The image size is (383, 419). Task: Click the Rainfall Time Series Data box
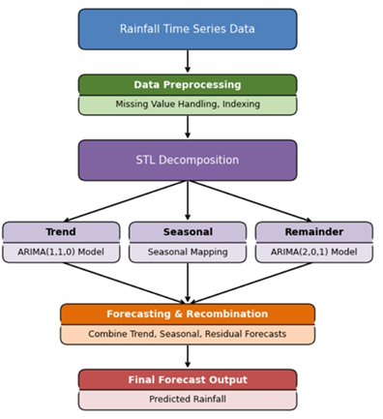point(188,29)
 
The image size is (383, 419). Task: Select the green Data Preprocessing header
point(188,85)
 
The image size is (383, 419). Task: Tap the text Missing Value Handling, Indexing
point(188,105)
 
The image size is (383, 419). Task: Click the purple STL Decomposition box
point(188,160)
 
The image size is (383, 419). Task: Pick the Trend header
point(61,232)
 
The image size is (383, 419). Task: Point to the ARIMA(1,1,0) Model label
point(61,252)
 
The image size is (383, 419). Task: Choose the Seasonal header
point(188,232)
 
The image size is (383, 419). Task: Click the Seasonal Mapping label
point(188,252)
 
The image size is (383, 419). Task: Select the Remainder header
point(313,232)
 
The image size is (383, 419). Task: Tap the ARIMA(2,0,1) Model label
point(313,252)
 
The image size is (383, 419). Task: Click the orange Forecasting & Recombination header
point(188,314)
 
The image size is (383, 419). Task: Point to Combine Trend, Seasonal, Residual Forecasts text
point(188,334)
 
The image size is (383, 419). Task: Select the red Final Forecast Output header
point(188,379)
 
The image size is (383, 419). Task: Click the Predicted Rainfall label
point(188,399)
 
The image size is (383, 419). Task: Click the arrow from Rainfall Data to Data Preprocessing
point(188,61)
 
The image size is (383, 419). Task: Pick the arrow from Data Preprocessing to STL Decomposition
point(188,127)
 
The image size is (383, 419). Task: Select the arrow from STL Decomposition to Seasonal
point(188,201)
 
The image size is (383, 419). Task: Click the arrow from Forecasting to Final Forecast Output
point(188,356)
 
